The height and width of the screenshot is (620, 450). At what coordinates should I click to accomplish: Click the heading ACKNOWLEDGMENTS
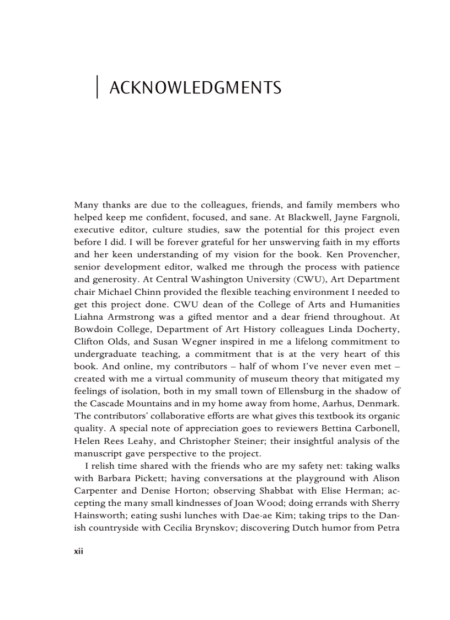(195, 88)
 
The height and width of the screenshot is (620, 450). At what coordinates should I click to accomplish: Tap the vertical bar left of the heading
(97, 87)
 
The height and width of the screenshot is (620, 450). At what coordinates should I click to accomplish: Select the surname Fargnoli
(381, 217)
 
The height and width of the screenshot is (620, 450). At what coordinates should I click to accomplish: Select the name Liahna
(90, 317)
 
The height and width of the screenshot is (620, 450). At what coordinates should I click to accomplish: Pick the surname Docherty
(379, 329)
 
